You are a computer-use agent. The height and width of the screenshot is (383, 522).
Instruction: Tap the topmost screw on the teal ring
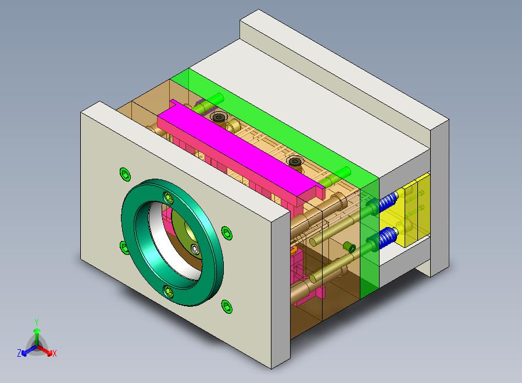point(169,198)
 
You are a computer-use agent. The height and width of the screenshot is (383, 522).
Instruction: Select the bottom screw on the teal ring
point(169,292)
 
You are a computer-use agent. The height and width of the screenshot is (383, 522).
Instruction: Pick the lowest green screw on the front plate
point(227,306)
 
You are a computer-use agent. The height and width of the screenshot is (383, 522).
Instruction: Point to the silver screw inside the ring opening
point(195,249)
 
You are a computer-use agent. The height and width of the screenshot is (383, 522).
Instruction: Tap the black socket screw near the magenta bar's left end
point(218,117)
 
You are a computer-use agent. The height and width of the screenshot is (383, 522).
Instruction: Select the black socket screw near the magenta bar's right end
point(294,162)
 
